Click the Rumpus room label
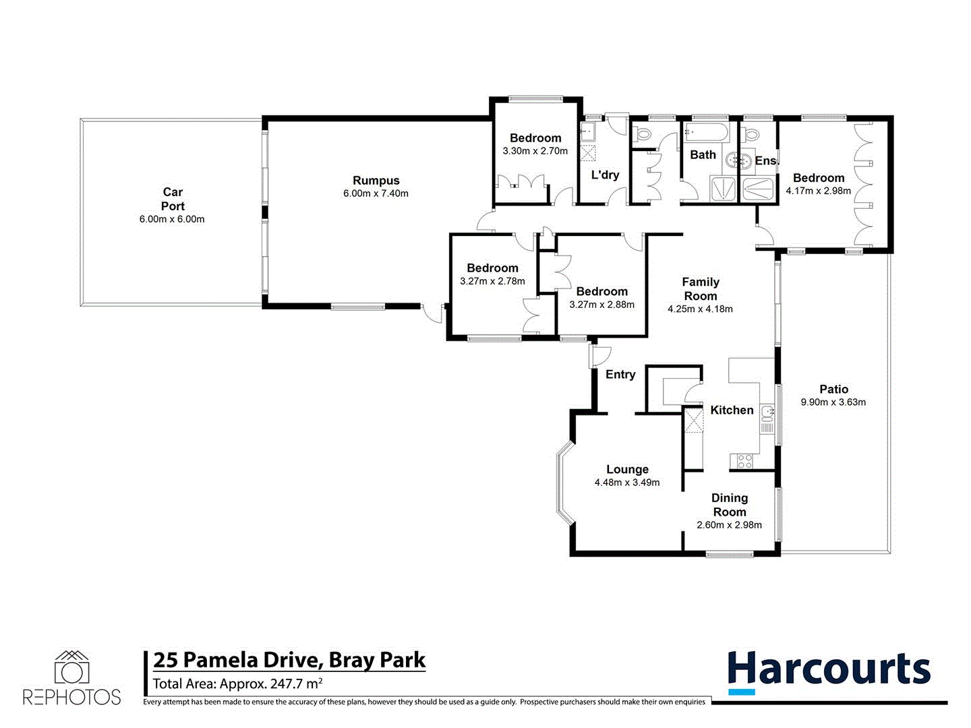376,181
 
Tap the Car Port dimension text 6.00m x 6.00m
173,219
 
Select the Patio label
833,389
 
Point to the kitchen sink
767,413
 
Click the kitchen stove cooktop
744,461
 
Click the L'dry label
605,175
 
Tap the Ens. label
766,160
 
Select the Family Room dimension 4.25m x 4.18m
700,309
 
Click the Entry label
620,375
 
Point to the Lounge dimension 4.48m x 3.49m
627,483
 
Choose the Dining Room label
730,505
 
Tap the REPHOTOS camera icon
72,667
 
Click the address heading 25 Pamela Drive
289,660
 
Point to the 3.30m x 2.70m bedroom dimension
535,151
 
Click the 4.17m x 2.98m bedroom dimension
819,191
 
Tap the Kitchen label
732,410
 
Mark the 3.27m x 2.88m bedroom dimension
601,305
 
